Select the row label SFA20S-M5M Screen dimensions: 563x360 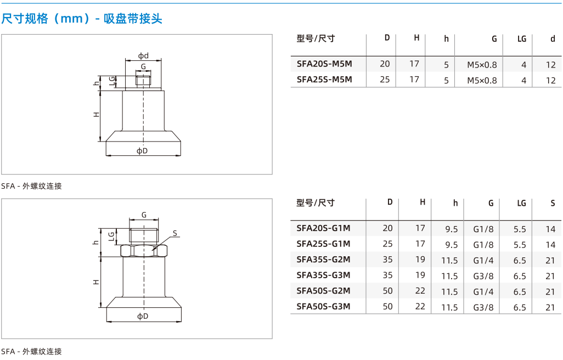[324, 64]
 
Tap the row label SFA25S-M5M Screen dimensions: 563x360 [324, 80]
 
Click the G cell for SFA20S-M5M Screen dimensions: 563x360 [482, 65]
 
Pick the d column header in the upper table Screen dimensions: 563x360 [553, 39]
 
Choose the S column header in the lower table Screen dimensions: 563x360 [553, 203]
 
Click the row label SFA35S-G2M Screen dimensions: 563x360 [323, 260]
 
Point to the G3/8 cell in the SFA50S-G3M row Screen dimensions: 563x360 [483, 307]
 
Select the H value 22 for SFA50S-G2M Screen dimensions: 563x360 [420, 291]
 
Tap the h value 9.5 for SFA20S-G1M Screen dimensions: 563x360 [452, 229]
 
